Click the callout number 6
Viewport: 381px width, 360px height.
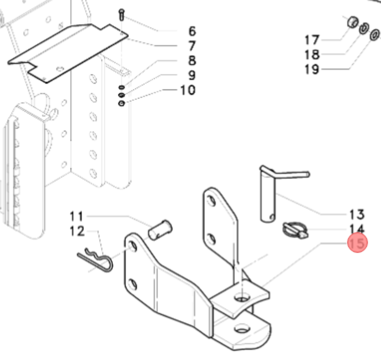191,31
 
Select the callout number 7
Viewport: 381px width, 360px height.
191,46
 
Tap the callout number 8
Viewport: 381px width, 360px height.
191,61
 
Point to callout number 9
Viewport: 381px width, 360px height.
191,75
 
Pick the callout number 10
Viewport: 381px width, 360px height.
188,90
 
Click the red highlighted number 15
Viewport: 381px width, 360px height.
357,244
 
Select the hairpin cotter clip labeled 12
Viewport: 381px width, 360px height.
95,261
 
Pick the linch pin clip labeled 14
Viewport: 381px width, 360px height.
292,230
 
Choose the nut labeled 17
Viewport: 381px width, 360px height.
352,22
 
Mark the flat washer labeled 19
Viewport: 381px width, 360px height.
375,35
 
